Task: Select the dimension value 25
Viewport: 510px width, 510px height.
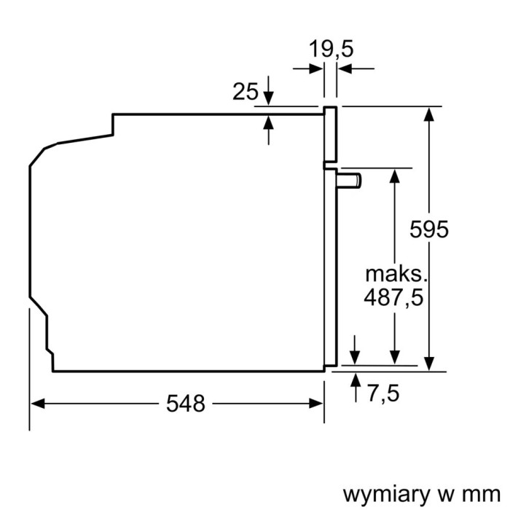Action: [x=246, y=92]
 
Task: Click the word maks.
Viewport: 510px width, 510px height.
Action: [x=394, y=275]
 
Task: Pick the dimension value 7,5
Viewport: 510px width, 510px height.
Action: [x=383, y=393]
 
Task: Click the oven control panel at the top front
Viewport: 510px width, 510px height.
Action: [x=330, y=134]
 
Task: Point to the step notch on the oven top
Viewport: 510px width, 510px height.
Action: [x=113, y=124]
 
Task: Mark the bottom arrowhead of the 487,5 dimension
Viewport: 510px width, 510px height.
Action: [x=394, y=357]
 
